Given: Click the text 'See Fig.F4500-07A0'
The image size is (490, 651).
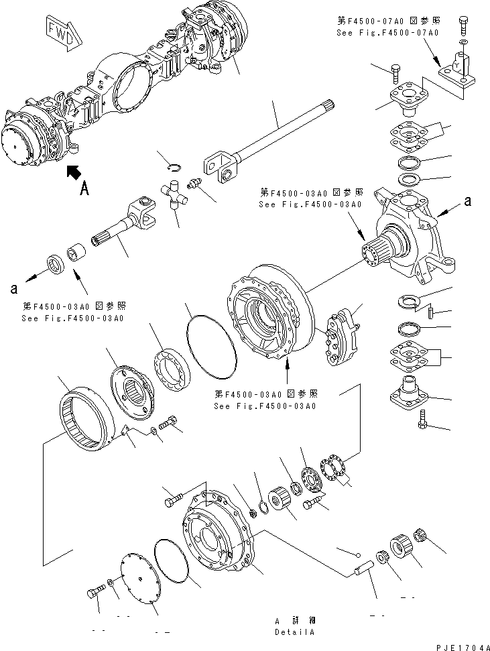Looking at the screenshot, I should click(x=388, y=32).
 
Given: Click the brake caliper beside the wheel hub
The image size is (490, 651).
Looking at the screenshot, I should click(x=343, y=337).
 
